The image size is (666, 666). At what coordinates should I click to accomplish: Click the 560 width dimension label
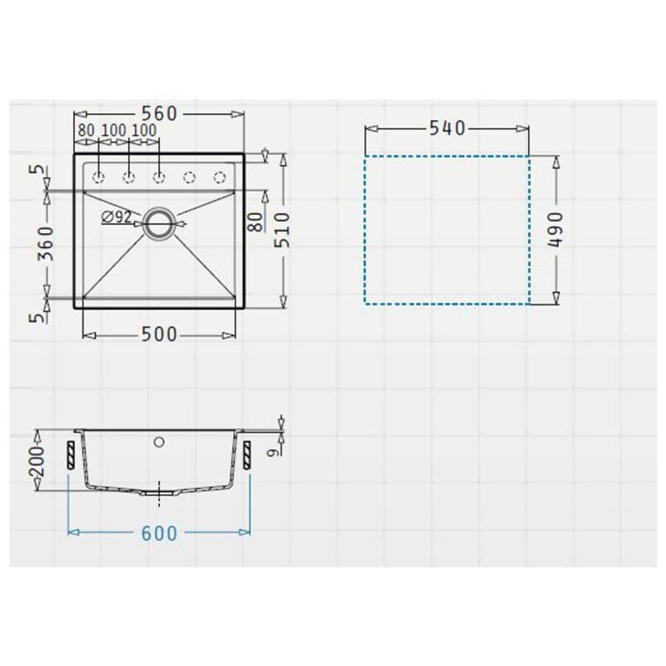[x=159, y=114]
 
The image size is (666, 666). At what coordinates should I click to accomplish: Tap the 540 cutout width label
[x=447, y=128]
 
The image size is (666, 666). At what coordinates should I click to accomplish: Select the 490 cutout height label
[x=554, y=230]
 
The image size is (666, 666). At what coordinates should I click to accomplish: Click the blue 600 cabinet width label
[x=159, y=534]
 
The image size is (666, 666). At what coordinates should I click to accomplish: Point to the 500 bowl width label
[x=159, y=335]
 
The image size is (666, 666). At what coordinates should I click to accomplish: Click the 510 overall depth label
[x=281, y=230]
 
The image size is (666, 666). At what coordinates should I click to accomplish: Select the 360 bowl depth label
[x=47, y=243]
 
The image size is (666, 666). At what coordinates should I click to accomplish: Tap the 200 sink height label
[x=37, y=461]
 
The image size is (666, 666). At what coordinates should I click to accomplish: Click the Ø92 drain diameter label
[x=117, y=217]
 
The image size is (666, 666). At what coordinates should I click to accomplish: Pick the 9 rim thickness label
[x=276, y=452]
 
